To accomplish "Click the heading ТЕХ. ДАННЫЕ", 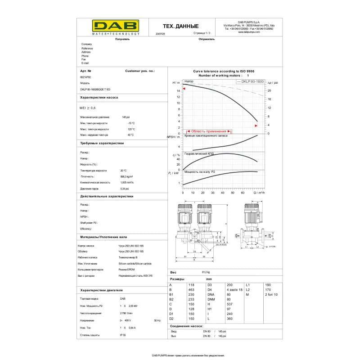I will (x=180, y=27).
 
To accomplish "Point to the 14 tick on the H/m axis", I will (x=178, y=90).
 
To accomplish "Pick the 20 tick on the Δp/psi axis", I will (x=269, y=90).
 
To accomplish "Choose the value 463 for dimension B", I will (x=191, y=289).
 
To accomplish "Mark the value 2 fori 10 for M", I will (x=272, y=294).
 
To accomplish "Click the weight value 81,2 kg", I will (x=206, y=272).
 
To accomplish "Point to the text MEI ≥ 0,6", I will (x=88, y=108).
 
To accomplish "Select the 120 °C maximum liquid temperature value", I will (x=131, y=129).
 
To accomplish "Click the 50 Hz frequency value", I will (x=157, y=320).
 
